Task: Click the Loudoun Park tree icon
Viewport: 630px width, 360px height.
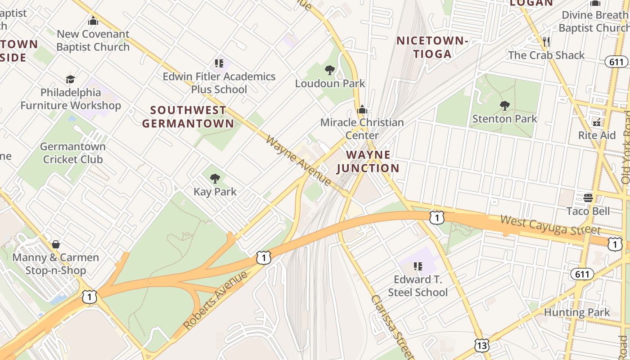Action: (x=330, y=70)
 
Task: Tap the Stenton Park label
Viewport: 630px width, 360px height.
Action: (x=504, y=119)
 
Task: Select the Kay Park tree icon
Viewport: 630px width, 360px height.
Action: (x=215, y=179)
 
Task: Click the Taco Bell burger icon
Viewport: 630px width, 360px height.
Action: (x=588, y=198)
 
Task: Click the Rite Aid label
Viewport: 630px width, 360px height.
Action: (x=597, y=135)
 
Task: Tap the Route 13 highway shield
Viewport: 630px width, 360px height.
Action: (x=482, y=345)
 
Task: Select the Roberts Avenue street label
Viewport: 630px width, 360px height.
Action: (x=216, y=300)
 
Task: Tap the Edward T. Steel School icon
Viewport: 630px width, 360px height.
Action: (x=418, y=266)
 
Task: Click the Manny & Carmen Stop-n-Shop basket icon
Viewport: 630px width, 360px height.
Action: (x=56, y=244)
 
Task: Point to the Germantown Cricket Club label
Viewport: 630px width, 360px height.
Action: (x=72, y=153)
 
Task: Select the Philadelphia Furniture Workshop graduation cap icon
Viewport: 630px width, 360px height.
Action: (x=70, y=80)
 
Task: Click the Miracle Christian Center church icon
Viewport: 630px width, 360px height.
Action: (x=362, y=109)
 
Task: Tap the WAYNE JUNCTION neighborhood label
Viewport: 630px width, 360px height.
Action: (x=368, y=162)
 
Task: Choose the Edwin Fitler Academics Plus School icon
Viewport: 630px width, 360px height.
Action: (x=219, y=63)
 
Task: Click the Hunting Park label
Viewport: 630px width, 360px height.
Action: (x=576, y=312)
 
